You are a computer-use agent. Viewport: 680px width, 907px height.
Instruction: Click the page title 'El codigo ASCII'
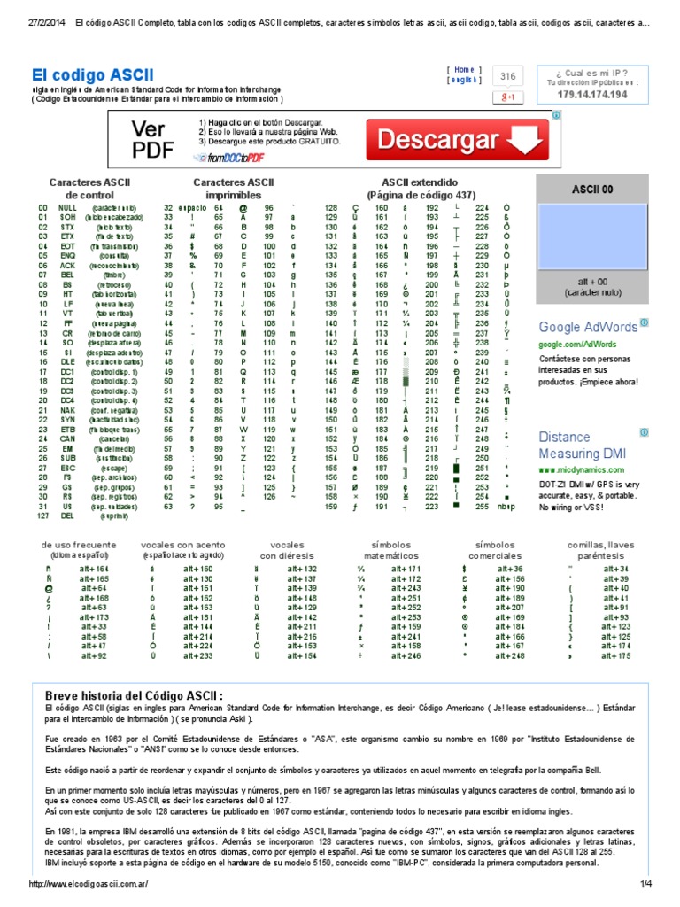(x=94, y=74)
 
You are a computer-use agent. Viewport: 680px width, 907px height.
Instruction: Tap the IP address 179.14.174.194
(x=592, y=94)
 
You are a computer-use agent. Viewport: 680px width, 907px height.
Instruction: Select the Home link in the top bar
(x=465, y=69)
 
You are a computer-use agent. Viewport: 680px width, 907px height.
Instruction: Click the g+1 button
(x=508, y=96)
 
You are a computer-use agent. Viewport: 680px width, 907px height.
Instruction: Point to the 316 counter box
(x=508, y=77)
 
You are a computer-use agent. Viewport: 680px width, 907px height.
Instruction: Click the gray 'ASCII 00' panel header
(x=591, y=189)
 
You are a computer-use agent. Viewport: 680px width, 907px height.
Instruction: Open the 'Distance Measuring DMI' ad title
(x=576, y=445)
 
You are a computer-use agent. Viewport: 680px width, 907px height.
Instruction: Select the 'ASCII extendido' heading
(x=421, y=187)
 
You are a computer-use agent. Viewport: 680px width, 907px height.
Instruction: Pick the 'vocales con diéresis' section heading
(x=287, y=549)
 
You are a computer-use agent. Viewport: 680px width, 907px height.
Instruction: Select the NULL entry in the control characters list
(x=67, y=207)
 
